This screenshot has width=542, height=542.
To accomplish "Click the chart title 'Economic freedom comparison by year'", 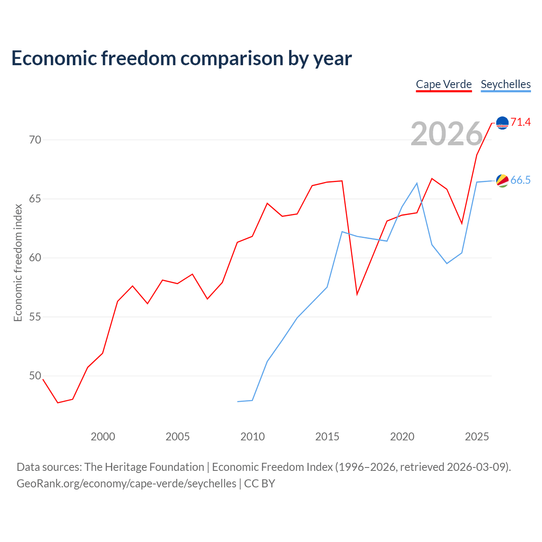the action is (x=181, y=58).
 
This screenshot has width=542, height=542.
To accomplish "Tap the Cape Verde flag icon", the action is (x=502, y=123).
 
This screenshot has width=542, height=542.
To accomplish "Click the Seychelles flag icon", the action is (x=502, y=181).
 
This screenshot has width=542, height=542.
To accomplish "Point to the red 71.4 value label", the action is (x=521, y=122).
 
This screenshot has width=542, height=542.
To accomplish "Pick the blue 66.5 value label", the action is (x=521, y=180).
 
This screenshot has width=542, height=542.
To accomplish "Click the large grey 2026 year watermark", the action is (x=447, y=134).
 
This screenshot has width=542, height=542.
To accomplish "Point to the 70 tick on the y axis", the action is (x=35, y=140).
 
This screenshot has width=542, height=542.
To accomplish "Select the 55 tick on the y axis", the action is (x=35, y=317).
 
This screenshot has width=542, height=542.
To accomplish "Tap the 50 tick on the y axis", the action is (x=35, y=376).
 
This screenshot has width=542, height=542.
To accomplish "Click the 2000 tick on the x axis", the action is (x=102, y=437).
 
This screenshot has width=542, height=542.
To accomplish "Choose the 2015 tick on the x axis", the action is (x=327, y=437).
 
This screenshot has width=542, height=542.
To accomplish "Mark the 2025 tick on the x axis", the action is (x=477, y=437).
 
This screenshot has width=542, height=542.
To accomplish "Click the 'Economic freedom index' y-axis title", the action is (x=18, y=263).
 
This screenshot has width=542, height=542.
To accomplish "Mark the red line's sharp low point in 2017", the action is (x=357, y=294).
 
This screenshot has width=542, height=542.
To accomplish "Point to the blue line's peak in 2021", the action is (x=417, y=183).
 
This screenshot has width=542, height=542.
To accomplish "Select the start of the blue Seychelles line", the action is (x=238, y=401).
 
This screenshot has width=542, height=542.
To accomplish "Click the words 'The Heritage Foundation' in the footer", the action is (x=144, y=467).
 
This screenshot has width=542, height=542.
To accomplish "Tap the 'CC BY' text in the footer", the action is (x=260, y=484).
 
